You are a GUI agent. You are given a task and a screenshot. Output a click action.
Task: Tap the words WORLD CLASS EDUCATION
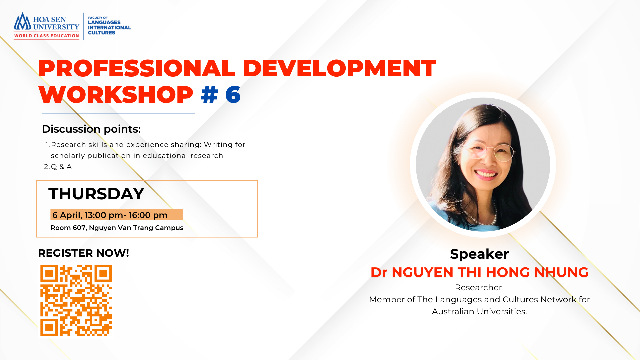coord(47,36)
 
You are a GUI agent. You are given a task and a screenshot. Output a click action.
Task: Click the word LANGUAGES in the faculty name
coord(104,22)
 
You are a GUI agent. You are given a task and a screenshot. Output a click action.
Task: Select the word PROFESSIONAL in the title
coord(137,68)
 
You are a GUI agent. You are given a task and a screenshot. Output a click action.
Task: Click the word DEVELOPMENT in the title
coord(339,68)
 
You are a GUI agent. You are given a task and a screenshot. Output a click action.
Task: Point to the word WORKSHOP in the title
coord(116,95)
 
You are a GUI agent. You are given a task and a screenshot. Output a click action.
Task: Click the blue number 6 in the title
coord(233,95)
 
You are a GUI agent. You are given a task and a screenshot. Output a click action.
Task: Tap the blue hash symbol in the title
coord(209,95)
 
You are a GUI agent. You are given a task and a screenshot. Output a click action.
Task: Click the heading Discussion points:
coord(91,129)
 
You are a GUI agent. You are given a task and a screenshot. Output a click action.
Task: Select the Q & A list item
coord(61,167)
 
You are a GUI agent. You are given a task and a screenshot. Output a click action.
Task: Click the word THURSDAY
coord(96,194)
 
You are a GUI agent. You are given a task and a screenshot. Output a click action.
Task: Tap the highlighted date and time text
coord(110,215)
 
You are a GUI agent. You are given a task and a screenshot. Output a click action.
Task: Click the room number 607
coord(79,228)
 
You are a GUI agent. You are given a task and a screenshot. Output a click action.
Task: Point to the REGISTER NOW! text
coord(83,253)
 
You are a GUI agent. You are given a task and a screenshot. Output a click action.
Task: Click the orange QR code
coord(76,300)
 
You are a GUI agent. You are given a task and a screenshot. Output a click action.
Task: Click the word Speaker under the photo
coord(479,254)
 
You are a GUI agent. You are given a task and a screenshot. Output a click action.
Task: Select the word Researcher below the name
coord(478,287)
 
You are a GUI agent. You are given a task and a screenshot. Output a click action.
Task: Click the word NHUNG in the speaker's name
coord(561,272)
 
